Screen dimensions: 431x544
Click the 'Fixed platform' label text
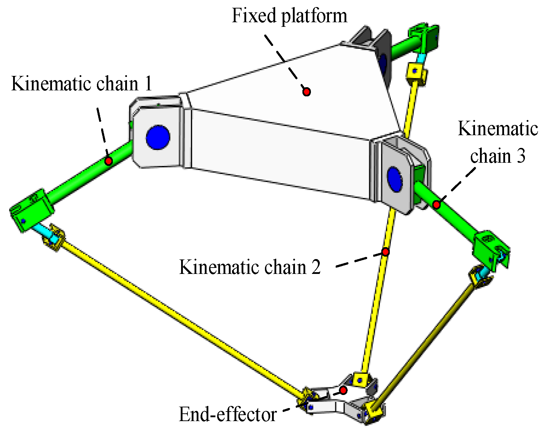pyautogui.click(x=289, y=16)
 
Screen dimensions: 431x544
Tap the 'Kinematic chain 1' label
pyautogui.click(x=81, y=84)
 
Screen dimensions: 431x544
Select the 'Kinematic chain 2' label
pyautogui.click(x=250, y=267)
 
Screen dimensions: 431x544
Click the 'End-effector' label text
pyautogui.click(x=227, y=414)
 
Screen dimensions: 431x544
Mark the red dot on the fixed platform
pyautogui.click(x=307, y=92)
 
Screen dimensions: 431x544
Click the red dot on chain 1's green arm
pyautogui.click(x=109, y=161)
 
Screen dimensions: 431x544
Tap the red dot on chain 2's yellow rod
pyautogui.click(x=385, y=252)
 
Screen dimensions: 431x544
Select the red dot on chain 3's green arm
pyautogui.click(x=436, y=204)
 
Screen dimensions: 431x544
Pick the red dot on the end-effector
pyautogui.click(x=343, y=390)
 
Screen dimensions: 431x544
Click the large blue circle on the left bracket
pyautogui.click(x=158, y=137)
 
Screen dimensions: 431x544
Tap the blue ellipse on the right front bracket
pyautogui.click(x=395, y=178)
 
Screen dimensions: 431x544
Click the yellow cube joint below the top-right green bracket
pyautogui.click(x=416, y=73)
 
